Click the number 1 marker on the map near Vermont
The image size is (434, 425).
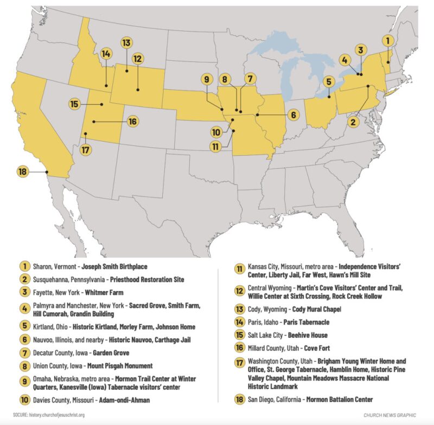point(387,40)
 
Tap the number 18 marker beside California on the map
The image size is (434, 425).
point(22,172)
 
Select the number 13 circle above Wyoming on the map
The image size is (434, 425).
point(126,42)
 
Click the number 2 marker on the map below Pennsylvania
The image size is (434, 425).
point(353,122)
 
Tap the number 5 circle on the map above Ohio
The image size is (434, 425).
point(328,82)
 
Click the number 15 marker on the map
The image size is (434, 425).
point(75,104)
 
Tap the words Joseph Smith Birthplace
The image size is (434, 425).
point(119,267)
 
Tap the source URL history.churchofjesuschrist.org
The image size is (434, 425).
point(57,415)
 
